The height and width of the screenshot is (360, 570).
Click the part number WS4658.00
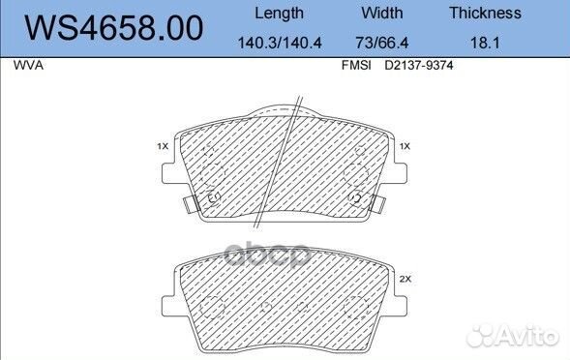[113, 27]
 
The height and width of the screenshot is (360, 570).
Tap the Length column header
[279, 14]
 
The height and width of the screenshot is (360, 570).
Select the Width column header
[382, 14]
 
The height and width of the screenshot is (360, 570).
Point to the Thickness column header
[485, 14]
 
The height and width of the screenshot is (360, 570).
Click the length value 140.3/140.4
[280, 43]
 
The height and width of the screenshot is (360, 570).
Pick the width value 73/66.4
[382, 43]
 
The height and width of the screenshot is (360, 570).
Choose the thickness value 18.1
[485, 43]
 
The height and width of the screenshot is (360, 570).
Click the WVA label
[28, 66]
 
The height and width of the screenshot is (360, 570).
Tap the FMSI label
[356, 66]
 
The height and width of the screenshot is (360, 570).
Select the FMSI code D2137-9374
[419, 66]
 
